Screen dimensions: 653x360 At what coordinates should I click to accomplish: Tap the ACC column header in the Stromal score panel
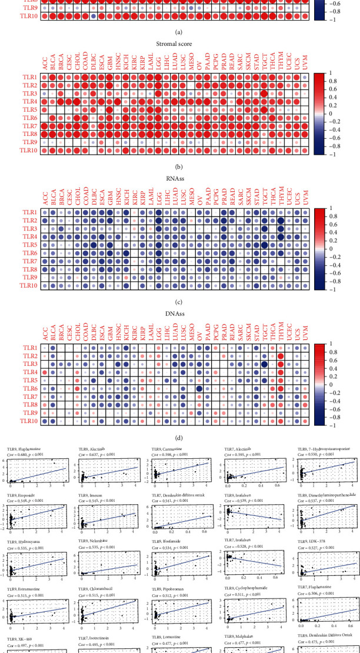(x=44, y=64)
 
